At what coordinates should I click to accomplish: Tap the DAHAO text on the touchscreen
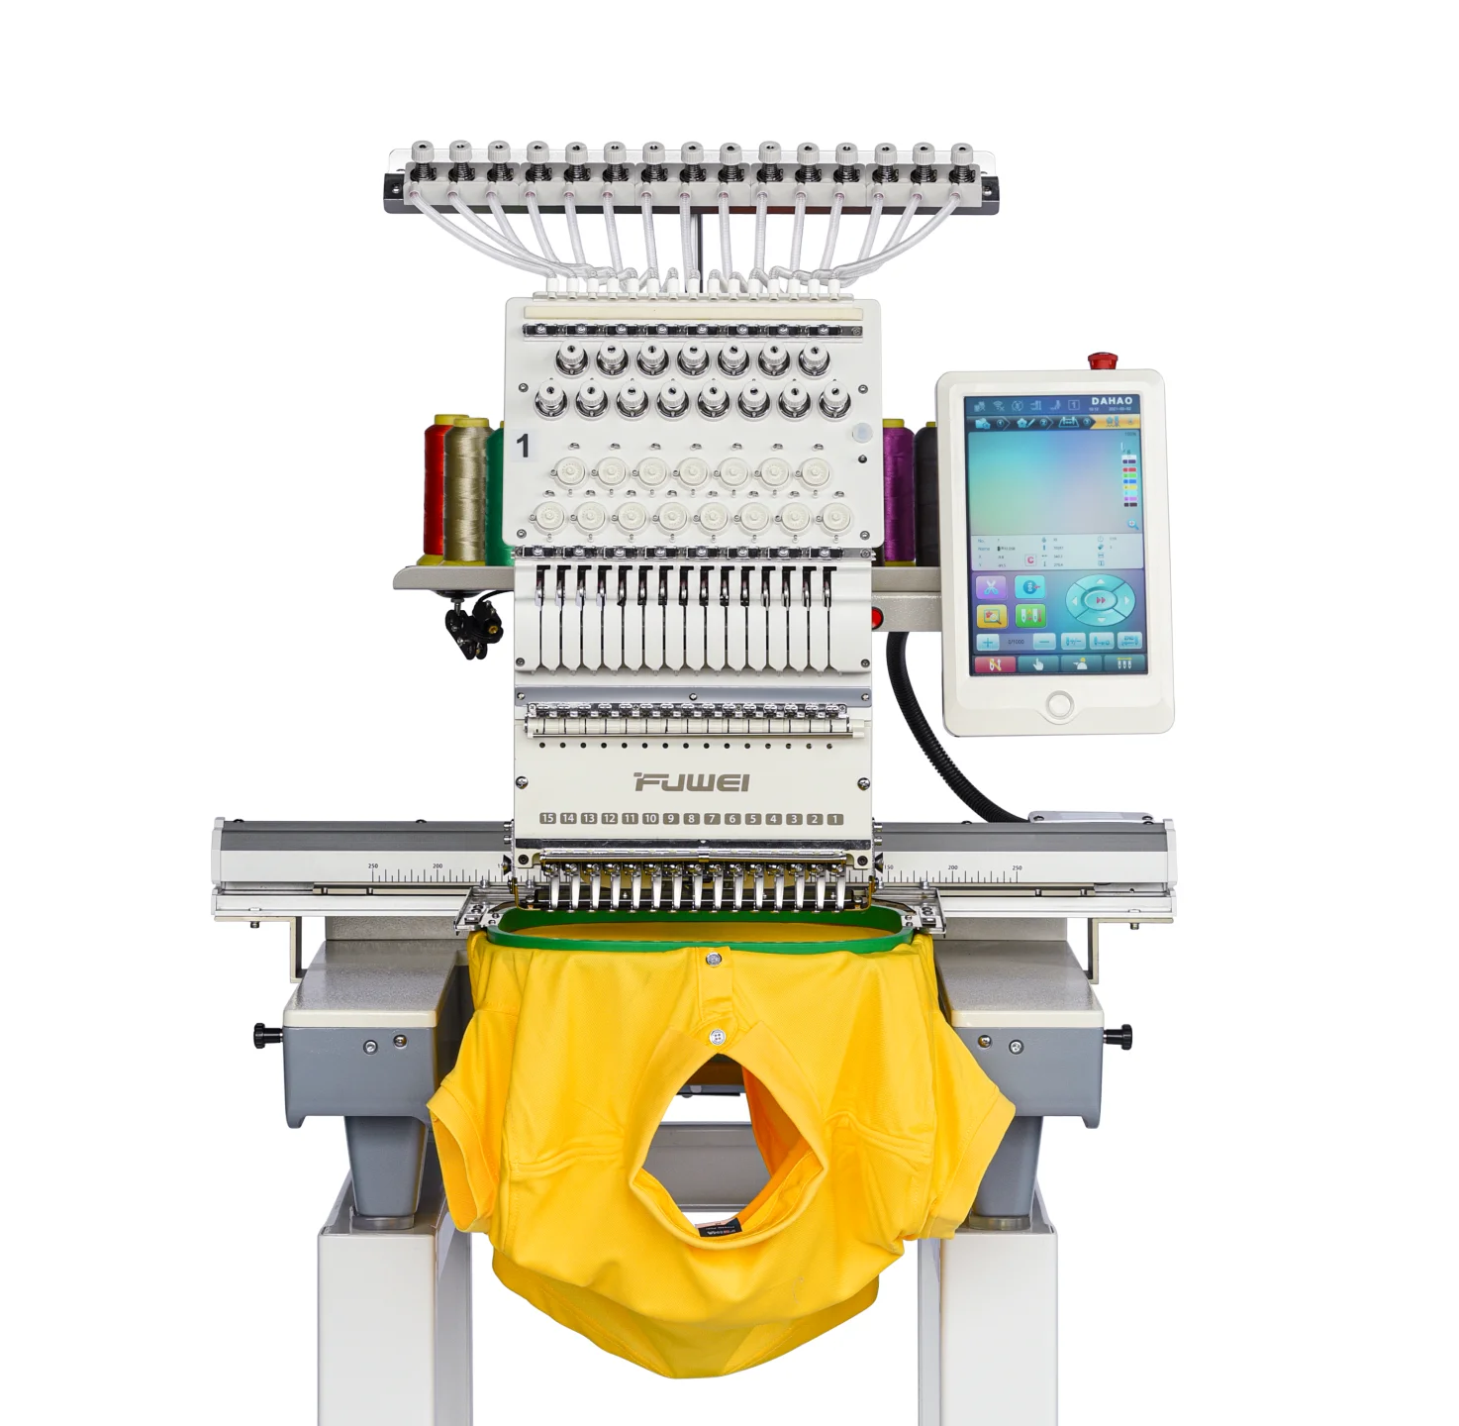tap(1111, 401)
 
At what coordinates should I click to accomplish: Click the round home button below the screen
tap(1059, 705)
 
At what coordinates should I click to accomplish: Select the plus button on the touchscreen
tap(988, 642)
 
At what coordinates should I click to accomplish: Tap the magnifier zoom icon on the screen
tap(1131, 524)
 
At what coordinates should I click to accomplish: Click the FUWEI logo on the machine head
tap(692, 782)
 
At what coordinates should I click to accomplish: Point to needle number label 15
tap(547, 819)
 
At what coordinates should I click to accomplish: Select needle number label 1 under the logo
tap(834, 819)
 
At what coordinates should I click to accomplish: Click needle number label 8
tap(691, 819)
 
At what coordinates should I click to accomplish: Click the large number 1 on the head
tap(524, 447)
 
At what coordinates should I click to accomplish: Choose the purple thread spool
tap(898, 490)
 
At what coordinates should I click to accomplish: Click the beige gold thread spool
tap(465, 490)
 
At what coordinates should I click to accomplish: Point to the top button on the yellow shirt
tap(713, 959)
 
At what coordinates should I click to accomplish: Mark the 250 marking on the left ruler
tap(373, 866)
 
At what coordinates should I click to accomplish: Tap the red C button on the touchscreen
tap(1029, 560)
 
